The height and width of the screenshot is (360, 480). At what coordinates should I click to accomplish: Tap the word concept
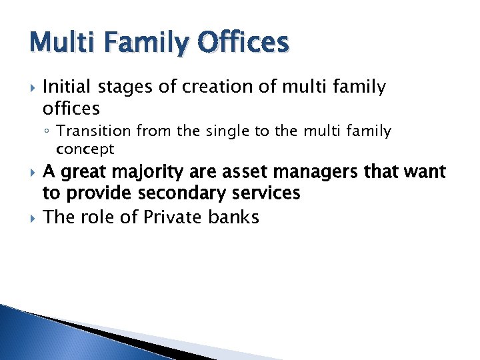point(85,148)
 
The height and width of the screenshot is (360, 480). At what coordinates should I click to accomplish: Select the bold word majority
point(141,172)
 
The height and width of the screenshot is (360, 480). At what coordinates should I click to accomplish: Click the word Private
point(173,217)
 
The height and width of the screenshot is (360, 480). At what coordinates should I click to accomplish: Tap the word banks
point(234,217)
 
